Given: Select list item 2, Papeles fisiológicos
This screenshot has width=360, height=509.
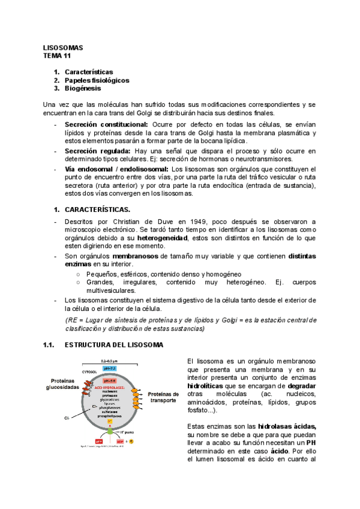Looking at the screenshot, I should (x=97, y=80).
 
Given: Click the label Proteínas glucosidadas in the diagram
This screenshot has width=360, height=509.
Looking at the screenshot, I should (x=62, y=384).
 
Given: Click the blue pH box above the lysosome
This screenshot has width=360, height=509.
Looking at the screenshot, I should (x=109, y=367).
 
